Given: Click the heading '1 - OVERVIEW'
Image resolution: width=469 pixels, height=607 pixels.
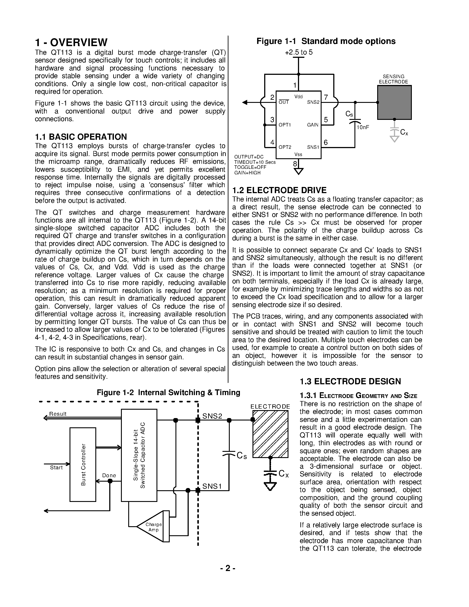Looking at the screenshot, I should point(71,43).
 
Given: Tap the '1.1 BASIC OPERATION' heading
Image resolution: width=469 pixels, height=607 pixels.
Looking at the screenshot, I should point(81,137).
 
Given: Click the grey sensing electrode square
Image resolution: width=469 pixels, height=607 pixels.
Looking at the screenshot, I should point(394,102).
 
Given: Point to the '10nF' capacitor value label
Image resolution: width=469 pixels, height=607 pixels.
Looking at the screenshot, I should point(363,127).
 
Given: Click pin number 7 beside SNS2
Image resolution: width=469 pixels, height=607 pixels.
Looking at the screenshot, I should point(326,97).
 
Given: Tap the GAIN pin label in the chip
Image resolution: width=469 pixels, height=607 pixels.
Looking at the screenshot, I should point(313,125).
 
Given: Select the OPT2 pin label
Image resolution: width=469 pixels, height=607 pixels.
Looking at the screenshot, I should point(285,147).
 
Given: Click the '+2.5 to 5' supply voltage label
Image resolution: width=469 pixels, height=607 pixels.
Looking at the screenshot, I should point(299,52).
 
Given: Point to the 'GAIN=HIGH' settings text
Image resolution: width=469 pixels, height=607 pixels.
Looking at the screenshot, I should point(247,173).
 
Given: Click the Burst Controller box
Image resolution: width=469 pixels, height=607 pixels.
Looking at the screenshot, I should point(83,464).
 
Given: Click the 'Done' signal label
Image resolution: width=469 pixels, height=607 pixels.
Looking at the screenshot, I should point(109,475).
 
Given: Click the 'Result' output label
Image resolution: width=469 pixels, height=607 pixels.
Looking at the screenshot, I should point(58,414).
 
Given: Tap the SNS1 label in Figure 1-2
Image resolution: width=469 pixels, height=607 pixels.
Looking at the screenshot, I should point(212,486).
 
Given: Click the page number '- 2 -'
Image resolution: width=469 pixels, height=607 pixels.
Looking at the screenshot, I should point(228,568).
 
